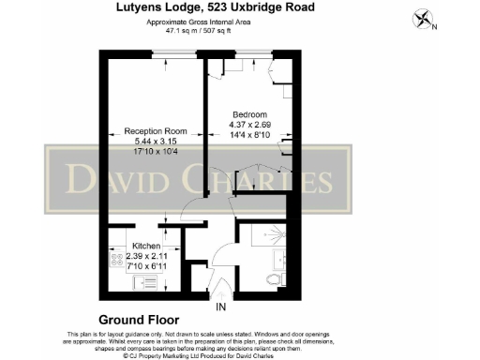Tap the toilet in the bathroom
[x=275, y=278]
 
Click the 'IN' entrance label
[x=221, y=307]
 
